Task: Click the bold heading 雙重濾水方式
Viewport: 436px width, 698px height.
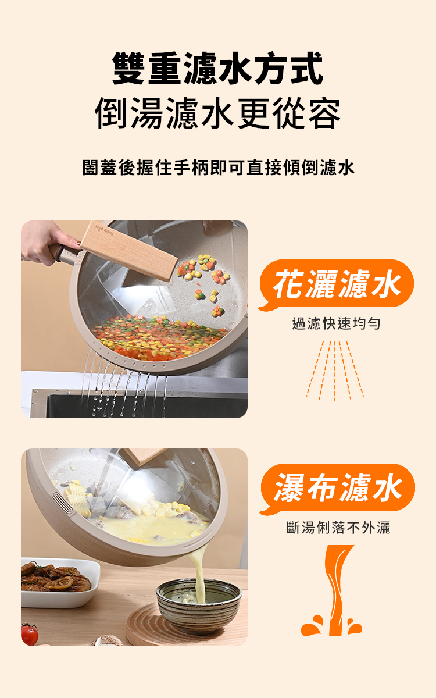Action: point(217,68)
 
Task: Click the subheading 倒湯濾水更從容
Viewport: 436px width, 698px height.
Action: point(217,113)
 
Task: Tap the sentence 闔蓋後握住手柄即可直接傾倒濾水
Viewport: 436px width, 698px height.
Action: point(219,168)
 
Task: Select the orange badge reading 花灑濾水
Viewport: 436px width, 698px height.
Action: point(337,284)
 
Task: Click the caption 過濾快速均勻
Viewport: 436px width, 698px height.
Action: point(337,323)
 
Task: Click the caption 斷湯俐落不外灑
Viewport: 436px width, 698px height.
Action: point(338,528)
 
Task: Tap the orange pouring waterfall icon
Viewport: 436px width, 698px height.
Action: point(331,590)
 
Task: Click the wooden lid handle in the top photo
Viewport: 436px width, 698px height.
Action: point(129,251)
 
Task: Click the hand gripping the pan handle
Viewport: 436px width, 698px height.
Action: point(47,242)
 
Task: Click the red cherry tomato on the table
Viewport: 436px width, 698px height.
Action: point(29,634)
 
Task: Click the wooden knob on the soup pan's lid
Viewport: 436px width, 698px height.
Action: point(142,456)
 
